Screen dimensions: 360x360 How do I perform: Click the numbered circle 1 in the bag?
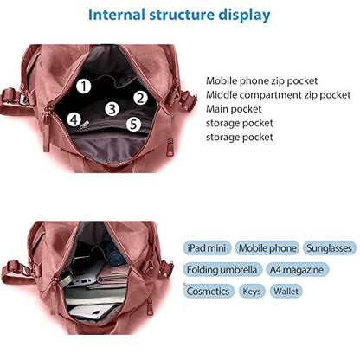point(84,87)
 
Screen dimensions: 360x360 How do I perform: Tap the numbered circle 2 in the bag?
point(140,98)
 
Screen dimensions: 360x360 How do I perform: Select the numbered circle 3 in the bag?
point(112,109)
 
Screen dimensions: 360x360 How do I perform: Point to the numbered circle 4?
point(74,119)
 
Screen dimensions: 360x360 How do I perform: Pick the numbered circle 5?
point(133,124)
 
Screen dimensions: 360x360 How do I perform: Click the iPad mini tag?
point(207,248)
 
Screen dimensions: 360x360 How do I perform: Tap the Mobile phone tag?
point(267,248)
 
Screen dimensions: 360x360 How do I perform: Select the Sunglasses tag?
point(330,248)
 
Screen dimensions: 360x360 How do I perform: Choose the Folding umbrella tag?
point(222,270)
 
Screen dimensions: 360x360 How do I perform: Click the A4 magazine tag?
point(297,270)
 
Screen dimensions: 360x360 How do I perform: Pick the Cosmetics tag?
point(209,291)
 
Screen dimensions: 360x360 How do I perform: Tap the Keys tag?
point(252,291)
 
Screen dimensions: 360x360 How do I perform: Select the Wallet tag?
point(286,291)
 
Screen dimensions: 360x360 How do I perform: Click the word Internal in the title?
point(117,15)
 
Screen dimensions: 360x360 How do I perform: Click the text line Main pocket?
point(234,109)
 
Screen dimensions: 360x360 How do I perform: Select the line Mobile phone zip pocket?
point(261,80)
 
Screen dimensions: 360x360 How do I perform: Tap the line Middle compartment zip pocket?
point(278,95)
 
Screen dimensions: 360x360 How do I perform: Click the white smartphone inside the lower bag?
point(92,312)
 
